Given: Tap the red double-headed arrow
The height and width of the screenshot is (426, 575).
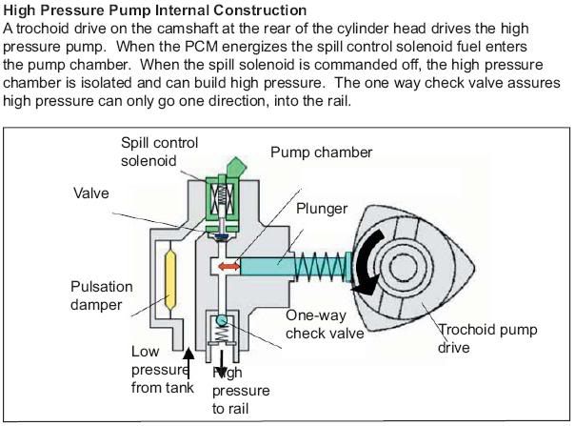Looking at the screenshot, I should click(229, 268).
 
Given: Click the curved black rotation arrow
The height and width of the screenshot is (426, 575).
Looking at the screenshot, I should click(372, 255).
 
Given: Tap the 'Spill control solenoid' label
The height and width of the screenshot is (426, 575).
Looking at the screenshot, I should click(159, 151).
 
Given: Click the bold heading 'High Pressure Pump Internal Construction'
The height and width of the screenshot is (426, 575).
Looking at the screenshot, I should click(155, 10).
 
